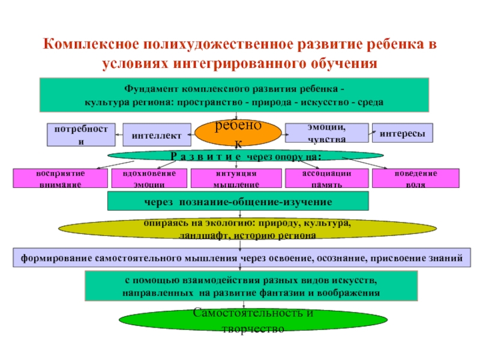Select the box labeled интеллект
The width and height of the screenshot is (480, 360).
pyautogui.click(x=157, y=135)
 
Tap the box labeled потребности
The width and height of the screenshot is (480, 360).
pyautogui.click(x=81, y=135)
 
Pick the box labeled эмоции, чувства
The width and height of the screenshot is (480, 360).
pyautogui.click(x=326, y=133)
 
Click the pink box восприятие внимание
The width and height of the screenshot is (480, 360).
pyautogui.click(x=60, y=179)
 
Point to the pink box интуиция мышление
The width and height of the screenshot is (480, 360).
pyautogui.click(x=236, y=179)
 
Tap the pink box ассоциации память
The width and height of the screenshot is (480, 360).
pyautogui.click(x=326, y=179)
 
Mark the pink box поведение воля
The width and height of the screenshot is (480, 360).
pyautogui.click(x=415, y=179)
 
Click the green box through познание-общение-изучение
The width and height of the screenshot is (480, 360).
pyautogui.click(x=238, y=202)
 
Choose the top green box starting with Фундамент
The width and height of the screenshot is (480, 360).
pyautogui.click(x=234, y=94)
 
